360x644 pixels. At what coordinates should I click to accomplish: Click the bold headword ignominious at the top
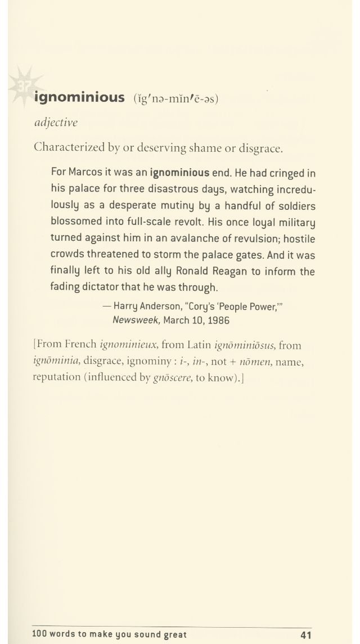(x=79, y=98)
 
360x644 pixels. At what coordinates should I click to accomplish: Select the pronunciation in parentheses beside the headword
(x=175, y=98)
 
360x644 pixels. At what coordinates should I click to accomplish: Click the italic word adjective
(x=56, y=123)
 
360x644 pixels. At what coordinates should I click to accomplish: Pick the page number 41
(x=306, y=635)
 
